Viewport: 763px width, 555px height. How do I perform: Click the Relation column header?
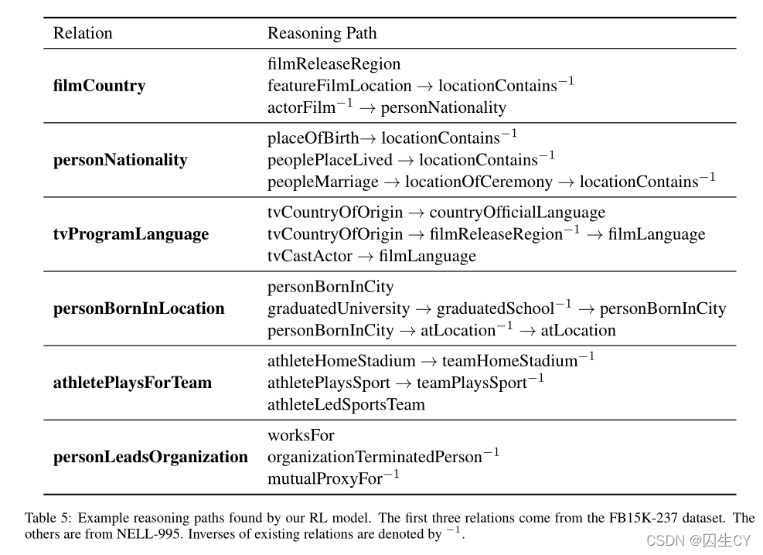tap(83, 33)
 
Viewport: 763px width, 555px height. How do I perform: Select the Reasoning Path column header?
tap(322, 33)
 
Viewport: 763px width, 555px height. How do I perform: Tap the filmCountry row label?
tap(99, 86)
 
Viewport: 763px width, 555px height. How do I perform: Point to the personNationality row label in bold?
tap(120, 160)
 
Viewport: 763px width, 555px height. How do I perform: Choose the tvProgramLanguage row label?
tap(131, 234)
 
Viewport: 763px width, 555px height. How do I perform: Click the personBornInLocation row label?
tap(138, 308)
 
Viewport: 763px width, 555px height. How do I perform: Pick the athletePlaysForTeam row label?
tap(132, 383)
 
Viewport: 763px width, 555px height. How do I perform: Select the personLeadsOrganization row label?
tap(150, 457)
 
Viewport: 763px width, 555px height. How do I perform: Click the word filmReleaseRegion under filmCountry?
tap(334, 64)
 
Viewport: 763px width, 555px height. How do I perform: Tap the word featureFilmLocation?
tap(339, 86)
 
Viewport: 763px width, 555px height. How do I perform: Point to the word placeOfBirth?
tap(313, 139)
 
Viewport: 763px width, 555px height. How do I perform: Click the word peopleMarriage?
tap(323, 182)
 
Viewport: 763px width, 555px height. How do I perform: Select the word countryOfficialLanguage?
tap(517, 213)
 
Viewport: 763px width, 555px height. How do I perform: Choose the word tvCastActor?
tap(310, 256)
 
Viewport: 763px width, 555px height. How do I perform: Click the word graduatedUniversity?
tap(339, 309)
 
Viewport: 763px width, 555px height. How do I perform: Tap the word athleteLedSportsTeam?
tap(346, 404)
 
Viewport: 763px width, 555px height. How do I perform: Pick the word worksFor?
tap(301, 435)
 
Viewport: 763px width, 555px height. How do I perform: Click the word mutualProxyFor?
tap(325, 479)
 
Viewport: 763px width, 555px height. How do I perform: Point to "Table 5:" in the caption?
tap(48, 518)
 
